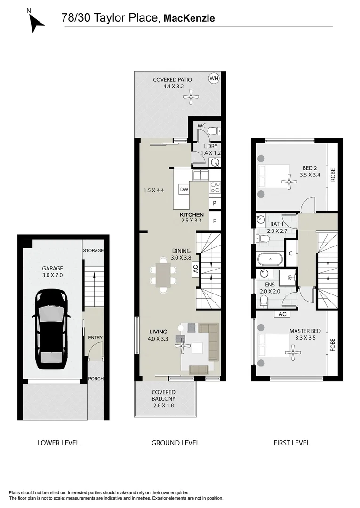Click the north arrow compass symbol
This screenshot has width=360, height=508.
pos(36,21)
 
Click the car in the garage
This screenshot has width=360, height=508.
pos(51,329)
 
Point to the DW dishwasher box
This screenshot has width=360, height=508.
pos(184,190)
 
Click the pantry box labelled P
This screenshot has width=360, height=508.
pos(215,203)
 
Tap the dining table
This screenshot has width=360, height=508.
pos(163,275)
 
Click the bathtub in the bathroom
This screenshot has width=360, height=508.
pos(270,259)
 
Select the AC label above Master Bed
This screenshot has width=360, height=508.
pos(283,314)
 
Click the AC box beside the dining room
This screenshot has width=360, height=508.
pos(195,270)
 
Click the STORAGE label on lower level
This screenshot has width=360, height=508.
pos(93,251)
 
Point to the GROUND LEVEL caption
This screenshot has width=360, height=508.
pos(175,443)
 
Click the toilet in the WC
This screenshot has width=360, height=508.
pos(212,131)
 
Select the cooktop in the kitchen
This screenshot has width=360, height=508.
pos(215,187)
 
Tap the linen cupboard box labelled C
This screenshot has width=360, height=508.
pos(291,254)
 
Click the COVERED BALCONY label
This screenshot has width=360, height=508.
pos(163,398)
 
